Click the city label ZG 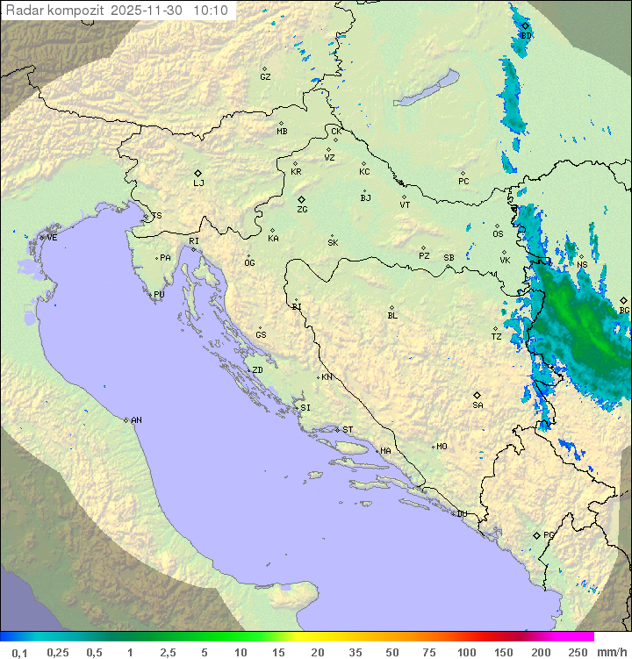pos(302,211)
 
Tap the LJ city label pos(198,183)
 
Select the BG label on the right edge pos(624,311)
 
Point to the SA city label pos(478,405)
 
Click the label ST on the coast pos(348,430)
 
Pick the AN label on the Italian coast pos(136,420)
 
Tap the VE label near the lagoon pos(52,238)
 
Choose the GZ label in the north pos(265,77)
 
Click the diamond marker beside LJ pos(198,173)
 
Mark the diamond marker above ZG pos(301,200)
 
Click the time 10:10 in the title pos(211,11)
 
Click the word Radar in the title pos(24,11)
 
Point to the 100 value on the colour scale pos(466,652)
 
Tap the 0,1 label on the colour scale pos(20,652)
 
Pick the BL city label pos(392,315)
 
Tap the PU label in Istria pos(159,295)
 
